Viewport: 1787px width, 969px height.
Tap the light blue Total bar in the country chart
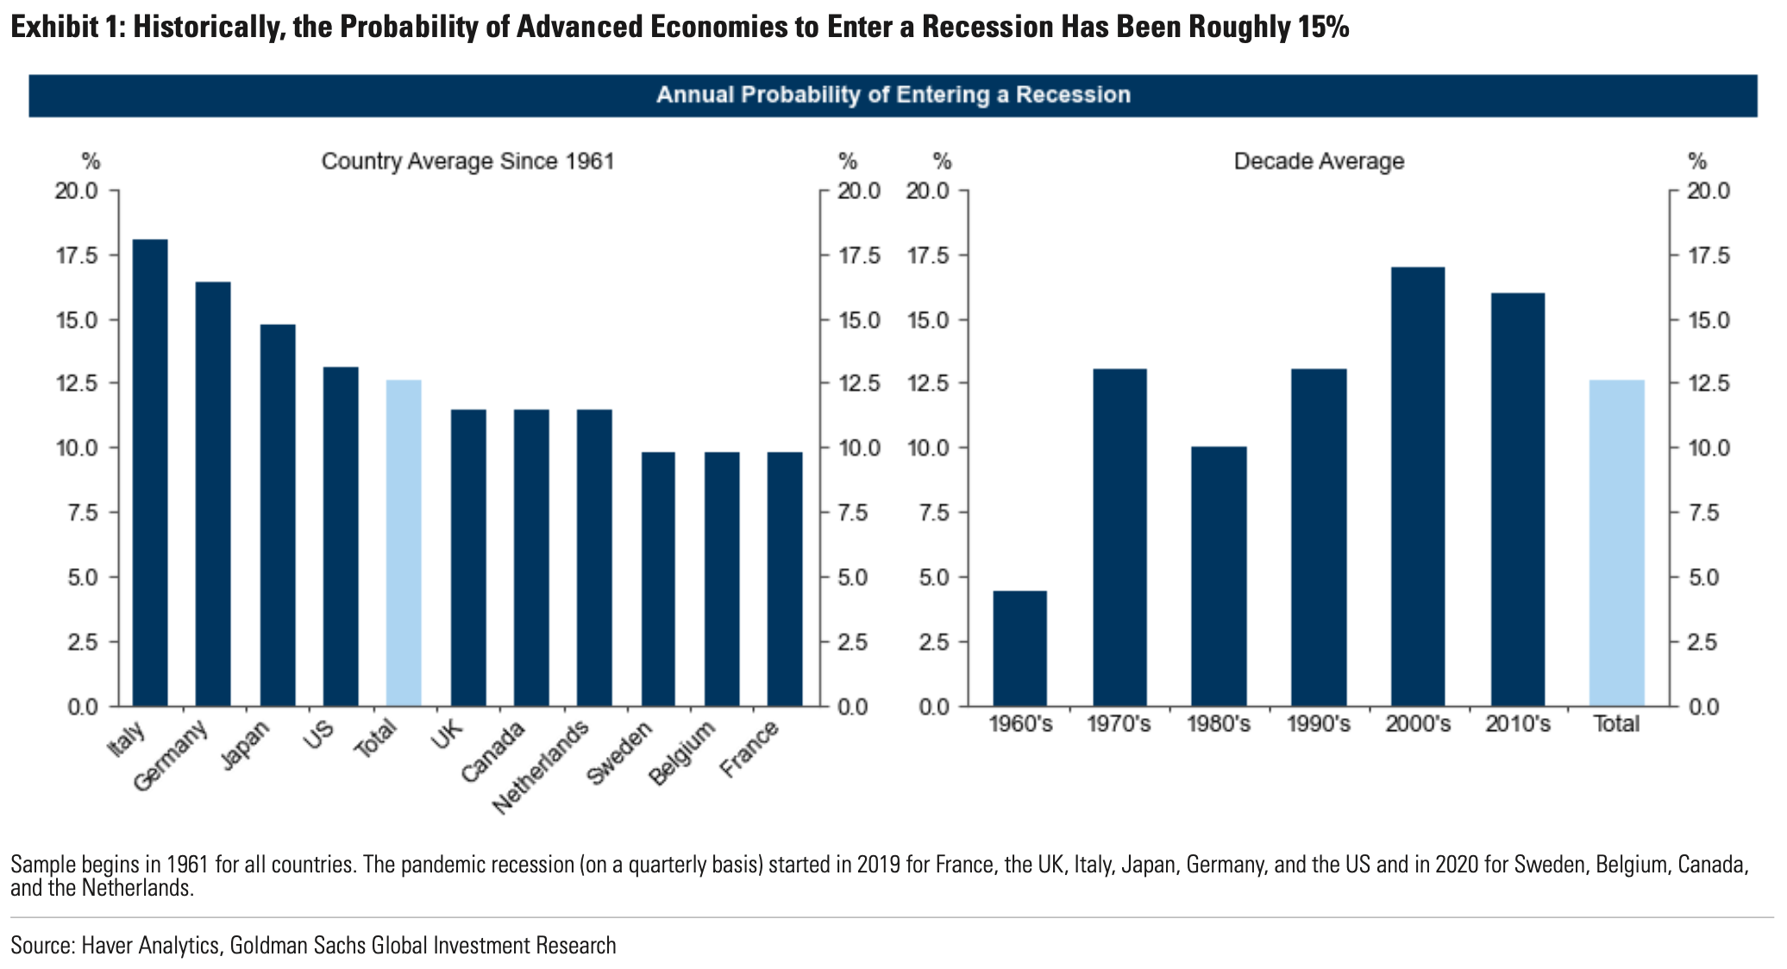click(x=404, y=543)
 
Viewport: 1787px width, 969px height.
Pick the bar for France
click(x=785, y=579)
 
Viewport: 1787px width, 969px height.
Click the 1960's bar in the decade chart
click(x=1019, y=648)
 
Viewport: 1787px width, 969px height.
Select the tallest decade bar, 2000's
click(x=1418, y=487)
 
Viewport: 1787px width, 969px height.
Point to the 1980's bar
click(x=1219, y=576)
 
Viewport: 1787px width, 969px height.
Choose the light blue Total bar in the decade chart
click(x=1617, y=543)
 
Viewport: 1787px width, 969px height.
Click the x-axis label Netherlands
click(x=542, y=766)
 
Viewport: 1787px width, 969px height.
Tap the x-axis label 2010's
click(x=1518, y=723)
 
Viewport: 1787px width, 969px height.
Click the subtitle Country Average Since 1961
click(x=467, y=161)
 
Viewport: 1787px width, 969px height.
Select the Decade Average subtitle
click(x=1319, y=161)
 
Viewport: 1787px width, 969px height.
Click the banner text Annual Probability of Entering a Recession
click(x=893, y=95)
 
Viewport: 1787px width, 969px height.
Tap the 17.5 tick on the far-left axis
click(x=76, y=255)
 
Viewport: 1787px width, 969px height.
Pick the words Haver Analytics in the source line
click(x=151, y=946)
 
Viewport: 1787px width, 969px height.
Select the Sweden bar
click(x=658, y=579)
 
